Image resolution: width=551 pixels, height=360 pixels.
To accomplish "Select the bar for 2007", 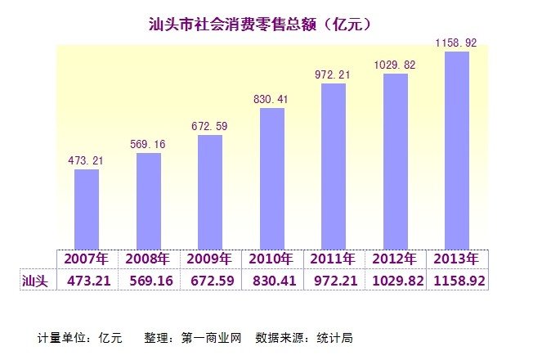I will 87,209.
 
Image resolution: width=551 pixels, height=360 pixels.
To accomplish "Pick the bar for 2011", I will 334,165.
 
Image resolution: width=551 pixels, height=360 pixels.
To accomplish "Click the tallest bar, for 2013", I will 456,149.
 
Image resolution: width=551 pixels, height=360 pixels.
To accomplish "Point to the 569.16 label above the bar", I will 149,144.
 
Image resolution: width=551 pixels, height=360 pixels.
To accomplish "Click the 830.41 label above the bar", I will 272,99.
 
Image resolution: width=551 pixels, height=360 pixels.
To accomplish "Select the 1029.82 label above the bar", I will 395,65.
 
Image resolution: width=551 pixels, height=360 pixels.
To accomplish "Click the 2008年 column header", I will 149,259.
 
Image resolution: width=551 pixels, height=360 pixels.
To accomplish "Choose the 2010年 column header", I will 272,259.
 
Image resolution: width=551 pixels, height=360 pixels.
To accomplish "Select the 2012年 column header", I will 396,259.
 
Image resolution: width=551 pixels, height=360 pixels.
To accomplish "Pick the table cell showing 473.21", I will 87,280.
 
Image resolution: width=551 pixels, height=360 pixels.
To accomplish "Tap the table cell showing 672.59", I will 210,280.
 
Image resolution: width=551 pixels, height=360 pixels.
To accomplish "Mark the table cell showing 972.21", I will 334,280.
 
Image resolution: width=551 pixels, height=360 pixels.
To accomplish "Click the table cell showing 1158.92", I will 457,280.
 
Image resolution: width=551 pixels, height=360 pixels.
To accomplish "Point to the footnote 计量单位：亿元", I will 79,337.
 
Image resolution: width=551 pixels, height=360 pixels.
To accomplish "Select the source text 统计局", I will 337,337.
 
